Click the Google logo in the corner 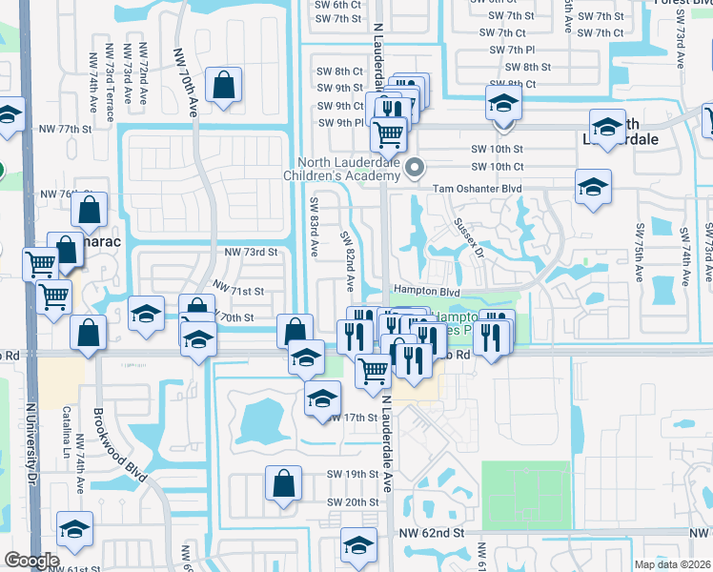(x=31, y=561)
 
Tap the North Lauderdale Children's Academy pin (x=415, y=170)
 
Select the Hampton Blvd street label (x=426, y=292)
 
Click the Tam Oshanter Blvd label (x=478, y=189)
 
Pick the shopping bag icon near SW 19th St (x=284, y=484)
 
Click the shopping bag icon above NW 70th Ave (x=222, y=86)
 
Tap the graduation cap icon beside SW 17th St (x=323, y=398)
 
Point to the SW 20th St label (x=353, y=502)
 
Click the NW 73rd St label (x=250, y=253)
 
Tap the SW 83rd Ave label (x=313, y=226)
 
